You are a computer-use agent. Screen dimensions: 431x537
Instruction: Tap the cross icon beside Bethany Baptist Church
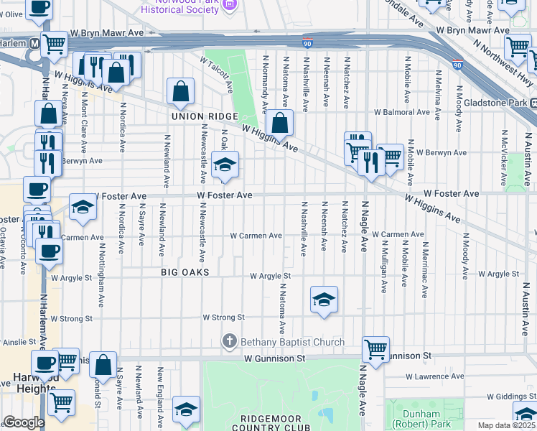(x=230, y=342)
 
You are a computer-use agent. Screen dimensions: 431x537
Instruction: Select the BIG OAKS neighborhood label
(x=185, y=273)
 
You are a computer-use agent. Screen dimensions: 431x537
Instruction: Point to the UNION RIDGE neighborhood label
(x=199, y=116)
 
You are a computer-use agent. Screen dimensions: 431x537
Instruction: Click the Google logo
(x=24, y=423)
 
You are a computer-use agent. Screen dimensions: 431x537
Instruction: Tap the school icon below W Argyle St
(x=324, y=300)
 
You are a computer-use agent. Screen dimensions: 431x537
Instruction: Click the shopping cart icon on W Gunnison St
(x=375, y=350)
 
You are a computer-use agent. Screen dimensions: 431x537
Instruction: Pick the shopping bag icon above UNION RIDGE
(x=180, y=91)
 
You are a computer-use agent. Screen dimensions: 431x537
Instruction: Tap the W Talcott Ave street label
(x=217, y=75)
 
